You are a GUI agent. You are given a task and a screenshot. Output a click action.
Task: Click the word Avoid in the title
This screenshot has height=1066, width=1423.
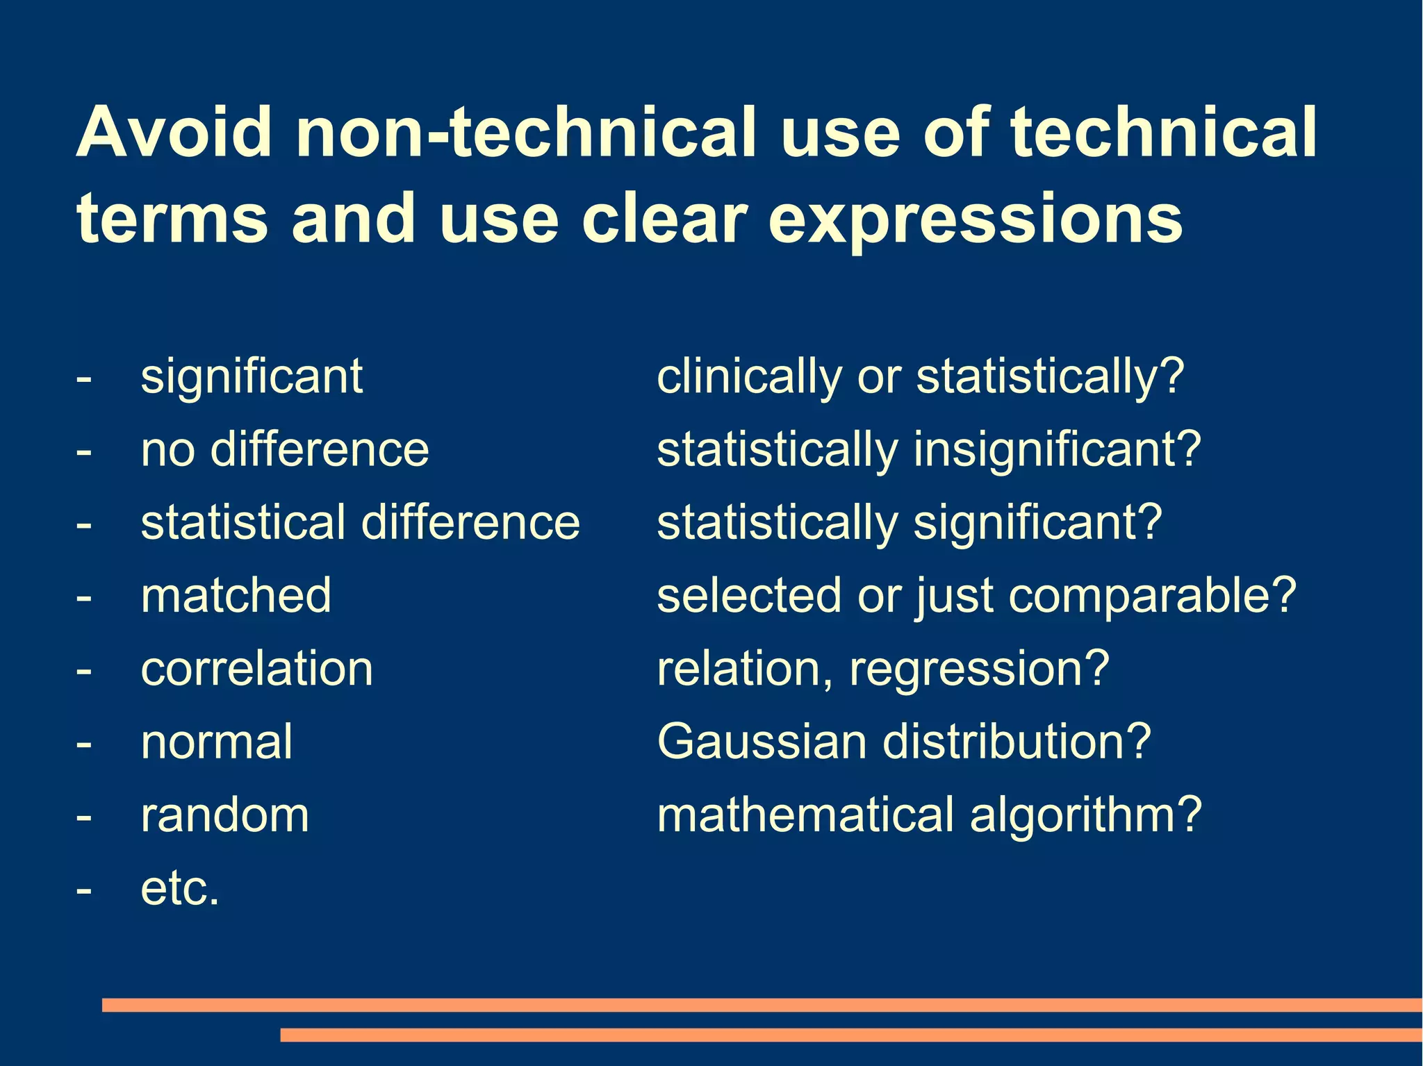pos(174,132)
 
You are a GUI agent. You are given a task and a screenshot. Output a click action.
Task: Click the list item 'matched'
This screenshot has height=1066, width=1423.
pos(236,596)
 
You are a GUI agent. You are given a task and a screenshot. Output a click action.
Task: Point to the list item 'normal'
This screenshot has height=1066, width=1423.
pos(217,742)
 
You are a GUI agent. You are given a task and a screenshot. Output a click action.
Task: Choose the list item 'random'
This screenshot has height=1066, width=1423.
pos(224,815)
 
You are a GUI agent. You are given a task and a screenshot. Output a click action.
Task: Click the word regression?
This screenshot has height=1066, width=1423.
pos(980,670)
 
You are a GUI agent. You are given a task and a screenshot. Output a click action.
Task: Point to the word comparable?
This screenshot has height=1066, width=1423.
pos(1153,596)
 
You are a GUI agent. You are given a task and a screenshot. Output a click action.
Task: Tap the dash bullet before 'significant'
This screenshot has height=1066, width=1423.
pos(84,378)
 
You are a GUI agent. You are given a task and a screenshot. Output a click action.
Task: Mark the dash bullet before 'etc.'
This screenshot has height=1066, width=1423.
pos(84,890)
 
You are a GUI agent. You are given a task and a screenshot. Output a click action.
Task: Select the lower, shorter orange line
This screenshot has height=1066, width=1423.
pos(850,1035)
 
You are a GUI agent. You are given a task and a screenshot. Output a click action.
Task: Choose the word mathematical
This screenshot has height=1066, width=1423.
pos(806,815)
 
